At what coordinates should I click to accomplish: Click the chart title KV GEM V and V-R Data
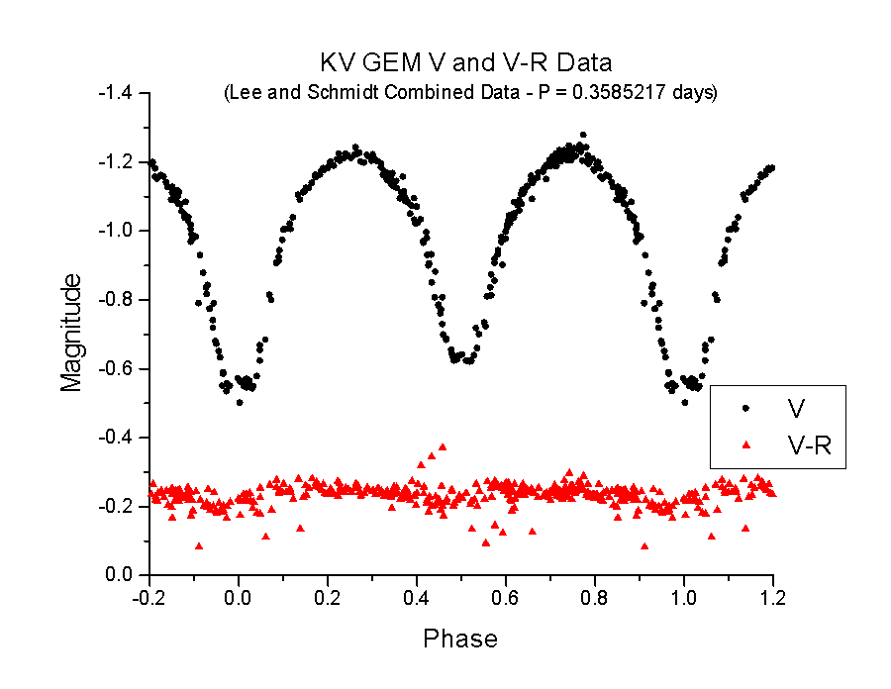pos(466,62)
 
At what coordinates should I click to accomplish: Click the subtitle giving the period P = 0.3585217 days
pos(470,93)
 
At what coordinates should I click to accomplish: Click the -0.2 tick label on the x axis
pos(149,599)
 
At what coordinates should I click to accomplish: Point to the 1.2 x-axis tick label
pos(773,599)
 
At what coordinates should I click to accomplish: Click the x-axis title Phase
pos(460,639)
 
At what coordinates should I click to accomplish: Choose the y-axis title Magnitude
pos(71,335)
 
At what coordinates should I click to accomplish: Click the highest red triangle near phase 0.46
pos(443,446)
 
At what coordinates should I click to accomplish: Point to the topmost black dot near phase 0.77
pos(583,135)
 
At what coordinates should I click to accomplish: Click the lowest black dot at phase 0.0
pos(239,402)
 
